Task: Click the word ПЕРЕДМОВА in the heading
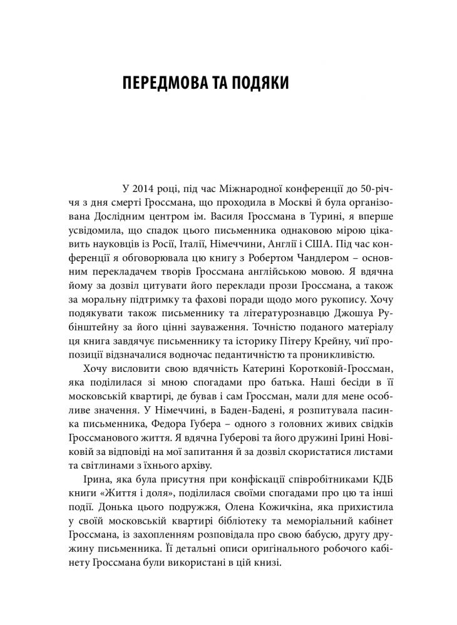(x=165, y=84)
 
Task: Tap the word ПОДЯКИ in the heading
(x=256, y=84)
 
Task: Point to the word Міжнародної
(x=250, y=188)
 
